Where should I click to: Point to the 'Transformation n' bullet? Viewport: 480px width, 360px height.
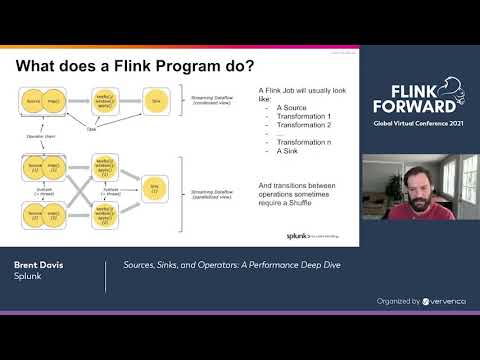pyautogui.click(x=298, y=150)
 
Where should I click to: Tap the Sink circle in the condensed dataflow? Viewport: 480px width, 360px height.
pyautogui.click(x=156, y=101)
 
